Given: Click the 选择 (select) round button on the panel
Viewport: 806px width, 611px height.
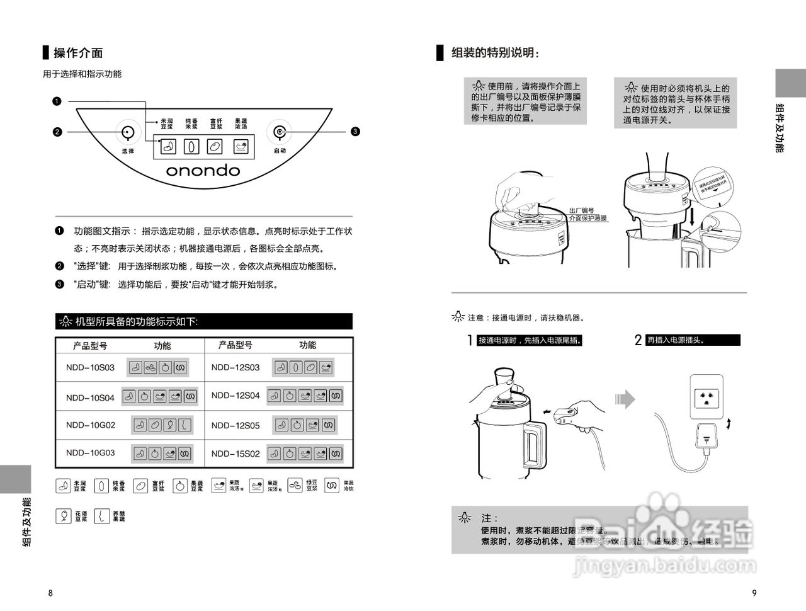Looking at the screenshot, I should click(x=128, y=133).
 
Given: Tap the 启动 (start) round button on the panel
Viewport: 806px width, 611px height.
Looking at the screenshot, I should click(x=279, y=132).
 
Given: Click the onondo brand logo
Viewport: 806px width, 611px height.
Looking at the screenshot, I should click(x=203, y=171).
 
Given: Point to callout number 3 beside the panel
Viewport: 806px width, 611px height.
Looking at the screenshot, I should click(x=355, y=132).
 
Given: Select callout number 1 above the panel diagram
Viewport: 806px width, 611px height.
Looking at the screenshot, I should click(x=57, y=101).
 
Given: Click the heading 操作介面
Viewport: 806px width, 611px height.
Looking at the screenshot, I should click(x=78, y=53).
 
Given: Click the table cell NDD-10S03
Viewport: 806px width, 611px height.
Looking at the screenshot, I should click(x=90, y=367).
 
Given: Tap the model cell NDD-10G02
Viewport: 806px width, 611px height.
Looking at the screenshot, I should click(x=90, y=425).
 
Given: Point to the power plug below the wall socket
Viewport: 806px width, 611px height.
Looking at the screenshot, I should click(x=708, y=436).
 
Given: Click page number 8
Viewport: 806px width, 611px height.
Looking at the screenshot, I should click(x=51, y=593).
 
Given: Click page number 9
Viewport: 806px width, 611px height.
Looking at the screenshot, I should click(x=754, y=593).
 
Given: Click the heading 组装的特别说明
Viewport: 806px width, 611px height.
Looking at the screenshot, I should click(x=495, y=53).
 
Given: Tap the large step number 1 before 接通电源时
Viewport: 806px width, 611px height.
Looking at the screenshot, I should click(x=470, y=341).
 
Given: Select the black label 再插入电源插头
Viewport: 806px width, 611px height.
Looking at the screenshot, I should click(x=693, y=340).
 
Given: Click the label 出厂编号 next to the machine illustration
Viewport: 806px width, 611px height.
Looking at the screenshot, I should click(x=581, y=210).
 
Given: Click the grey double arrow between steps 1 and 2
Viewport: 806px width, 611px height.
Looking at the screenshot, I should click(x=625, y=399).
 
